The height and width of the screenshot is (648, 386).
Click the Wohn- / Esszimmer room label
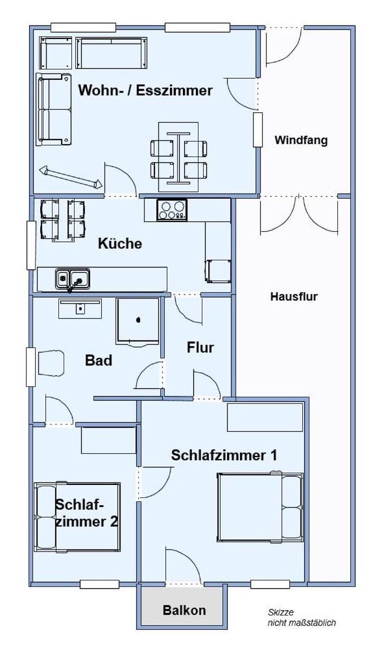click(x=145, y=90)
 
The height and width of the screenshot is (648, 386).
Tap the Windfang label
click(x=301, y=140)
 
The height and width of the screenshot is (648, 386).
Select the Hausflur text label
click(x=294, y=296)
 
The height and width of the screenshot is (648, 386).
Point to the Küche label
click(x=120, y=243)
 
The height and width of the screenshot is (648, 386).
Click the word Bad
click(x=98, y=360)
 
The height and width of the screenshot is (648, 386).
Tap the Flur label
click(x=200, y=347)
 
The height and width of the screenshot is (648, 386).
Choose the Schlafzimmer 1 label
click(x=224, y=455)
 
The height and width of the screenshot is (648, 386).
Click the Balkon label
click(x=184, y=610)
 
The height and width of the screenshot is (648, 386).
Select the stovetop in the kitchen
click(x=172, y=210)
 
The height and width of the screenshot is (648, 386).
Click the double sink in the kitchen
click(x=73, y=279)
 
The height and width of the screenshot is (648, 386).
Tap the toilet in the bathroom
click(x=51, y=363)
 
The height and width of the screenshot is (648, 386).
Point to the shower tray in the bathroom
click(x=138, y=321)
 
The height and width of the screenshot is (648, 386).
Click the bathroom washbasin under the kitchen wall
click(x=80, y=308)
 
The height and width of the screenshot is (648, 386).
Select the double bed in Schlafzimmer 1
click(x=260, y=507)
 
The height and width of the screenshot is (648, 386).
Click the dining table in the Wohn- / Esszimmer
click(x=178, y=157)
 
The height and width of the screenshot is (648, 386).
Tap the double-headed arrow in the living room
click(x=71, y=177)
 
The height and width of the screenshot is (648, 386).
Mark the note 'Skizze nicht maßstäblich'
click(x=302, y=617)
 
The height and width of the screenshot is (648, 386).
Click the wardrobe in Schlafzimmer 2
click(x=108, y=440)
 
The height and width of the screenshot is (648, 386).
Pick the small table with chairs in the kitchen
click(x=63, y=220)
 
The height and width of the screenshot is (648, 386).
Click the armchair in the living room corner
click(x=56, y=53)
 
